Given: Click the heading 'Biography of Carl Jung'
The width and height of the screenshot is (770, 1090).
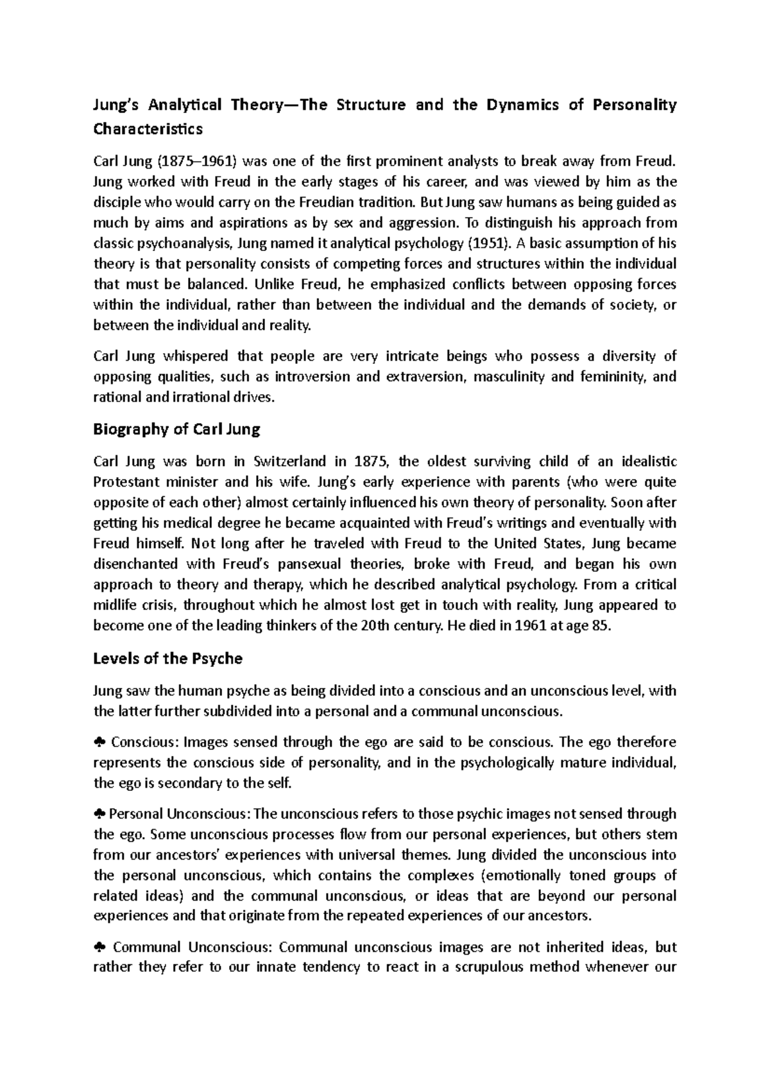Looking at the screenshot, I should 176,430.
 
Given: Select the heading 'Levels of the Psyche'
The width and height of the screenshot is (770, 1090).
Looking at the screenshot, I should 167,659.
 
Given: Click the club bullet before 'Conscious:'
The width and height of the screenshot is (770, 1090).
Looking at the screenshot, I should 99,743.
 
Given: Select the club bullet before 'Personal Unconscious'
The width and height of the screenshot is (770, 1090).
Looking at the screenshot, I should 99,815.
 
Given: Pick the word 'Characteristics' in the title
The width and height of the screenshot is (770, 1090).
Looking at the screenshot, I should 148,130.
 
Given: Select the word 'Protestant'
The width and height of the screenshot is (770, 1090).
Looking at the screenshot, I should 126,482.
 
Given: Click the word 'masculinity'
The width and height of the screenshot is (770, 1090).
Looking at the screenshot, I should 508,377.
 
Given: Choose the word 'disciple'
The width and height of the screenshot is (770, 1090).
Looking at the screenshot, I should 117,202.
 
